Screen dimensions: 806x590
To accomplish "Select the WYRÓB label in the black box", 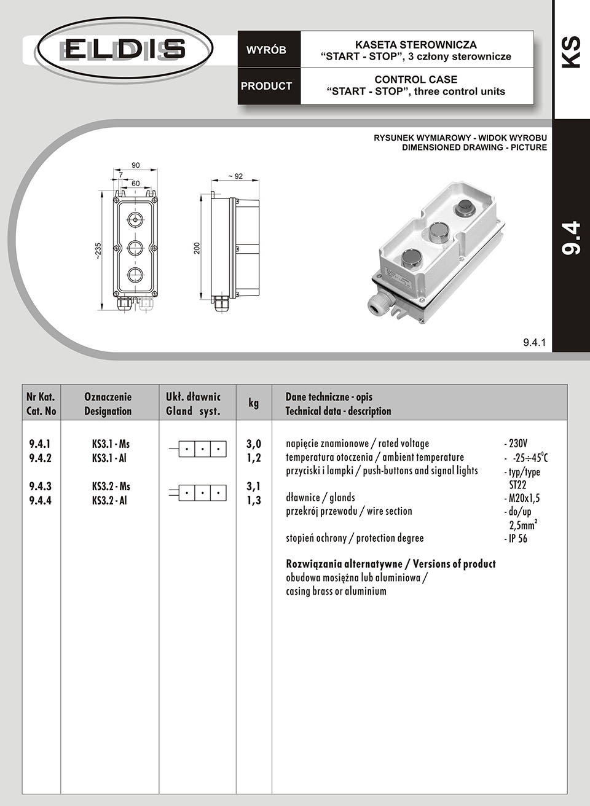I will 266,50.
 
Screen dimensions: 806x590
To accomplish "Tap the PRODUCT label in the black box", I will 266,86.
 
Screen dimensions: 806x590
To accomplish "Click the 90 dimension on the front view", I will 136,165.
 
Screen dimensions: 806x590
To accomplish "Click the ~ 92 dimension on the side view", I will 235,176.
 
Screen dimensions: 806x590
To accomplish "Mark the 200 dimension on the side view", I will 197,248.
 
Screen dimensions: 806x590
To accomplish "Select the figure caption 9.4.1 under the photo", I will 534,343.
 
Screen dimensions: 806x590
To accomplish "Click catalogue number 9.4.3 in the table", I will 41,487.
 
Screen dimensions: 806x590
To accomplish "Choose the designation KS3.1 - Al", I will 109,458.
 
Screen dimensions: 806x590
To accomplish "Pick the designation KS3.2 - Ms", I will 111,487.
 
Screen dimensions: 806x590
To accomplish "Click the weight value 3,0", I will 254,444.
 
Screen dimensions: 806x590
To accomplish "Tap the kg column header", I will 253,403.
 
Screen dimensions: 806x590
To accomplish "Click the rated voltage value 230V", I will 518,444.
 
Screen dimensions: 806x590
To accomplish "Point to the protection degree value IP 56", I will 517,539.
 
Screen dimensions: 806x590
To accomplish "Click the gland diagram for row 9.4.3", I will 199,492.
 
